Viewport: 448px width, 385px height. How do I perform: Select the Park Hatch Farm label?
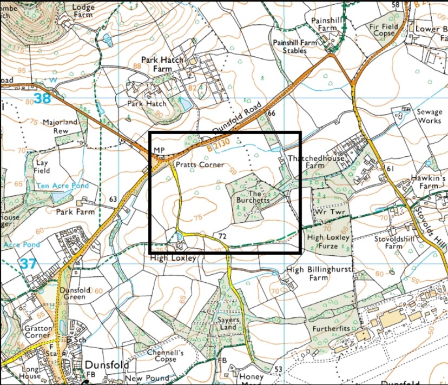pyautogui.click(x=162, y=64)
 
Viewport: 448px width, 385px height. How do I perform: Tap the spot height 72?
pyautogui.click(x=222, y=237)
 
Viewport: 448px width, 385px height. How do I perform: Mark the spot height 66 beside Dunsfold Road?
pyautogui.click(x=272, y=113)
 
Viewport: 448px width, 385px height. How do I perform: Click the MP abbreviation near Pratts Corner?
pyautogui.click(x=158, y=149)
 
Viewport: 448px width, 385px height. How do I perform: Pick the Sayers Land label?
pyautogui.click(x=228, y=324)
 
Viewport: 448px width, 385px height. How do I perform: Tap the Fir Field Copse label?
pyautogui.click(x=383, y=30)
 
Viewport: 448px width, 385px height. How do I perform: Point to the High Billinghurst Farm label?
pyautogui.click(x=319, y=274)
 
